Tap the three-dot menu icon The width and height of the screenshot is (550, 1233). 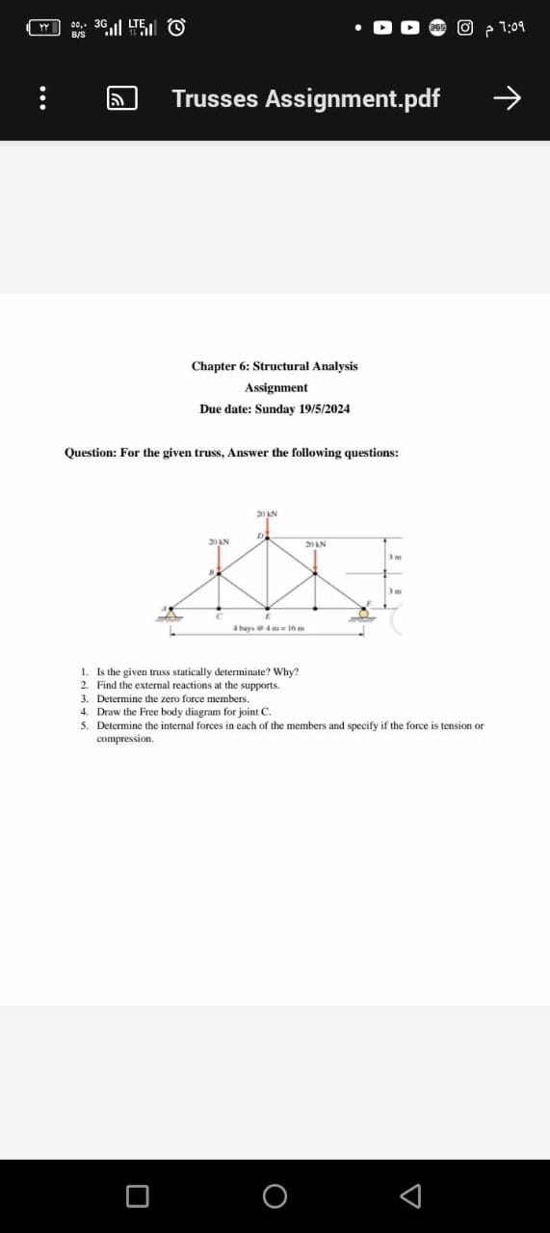41,99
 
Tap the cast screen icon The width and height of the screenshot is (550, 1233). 120,98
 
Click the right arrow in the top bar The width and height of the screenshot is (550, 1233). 507,98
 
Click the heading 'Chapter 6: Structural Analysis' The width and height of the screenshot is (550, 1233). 275,366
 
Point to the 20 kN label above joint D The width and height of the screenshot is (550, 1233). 267,513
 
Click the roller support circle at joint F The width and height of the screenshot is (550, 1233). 364,614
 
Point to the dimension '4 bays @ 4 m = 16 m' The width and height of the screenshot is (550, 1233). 267,629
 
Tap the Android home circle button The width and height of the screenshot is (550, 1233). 275,1195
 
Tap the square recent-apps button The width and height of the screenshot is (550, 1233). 137,1195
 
